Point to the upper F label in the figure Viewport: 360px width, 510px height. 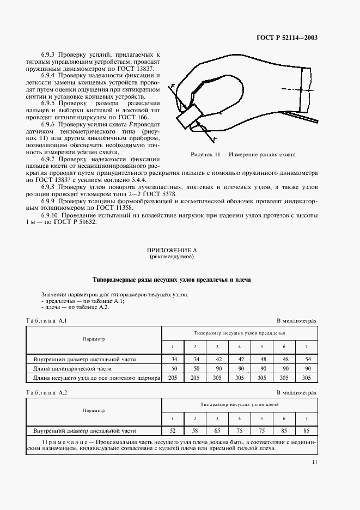(173, 87)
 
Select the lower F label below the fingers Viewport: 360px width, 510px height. (215, 139)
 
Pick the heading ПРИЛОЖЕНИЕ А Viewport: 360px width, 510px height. (172, 250)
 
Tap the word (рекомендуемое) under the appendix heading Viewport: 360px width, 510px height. (172, 256)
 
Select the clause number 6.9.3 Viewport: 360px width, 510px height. (50, 55)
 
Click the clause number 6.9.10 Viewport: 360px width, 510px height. (51, 215)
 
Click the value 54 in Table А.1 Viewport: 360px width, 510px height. (306, 359)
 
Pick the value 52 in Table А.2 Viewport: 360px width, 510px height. (173, 430)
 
